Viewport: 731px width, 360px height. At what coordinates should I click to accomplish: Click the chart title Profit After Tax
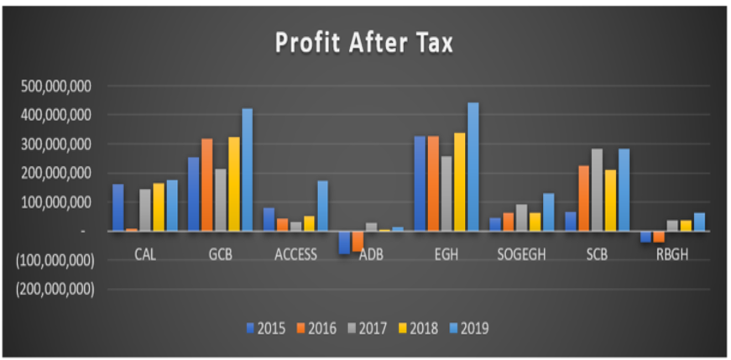click(x=364, y=43)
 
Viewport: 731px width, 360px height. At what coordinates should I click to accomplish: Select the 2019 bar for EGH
click(x=473, y=167)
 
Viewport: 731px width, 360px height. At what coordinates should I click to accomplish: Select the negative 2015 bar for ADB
click(x=344, y=242)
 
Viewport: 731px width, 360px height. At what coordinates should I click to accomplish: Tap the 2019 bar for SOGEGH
click(x=549, y=212)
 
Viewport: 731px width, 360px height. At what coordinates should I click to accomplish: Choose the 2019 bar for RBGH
click(x=699, y=222)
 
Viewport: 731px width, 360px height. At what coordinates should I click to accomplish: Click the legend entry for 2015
click(x=266, y=328)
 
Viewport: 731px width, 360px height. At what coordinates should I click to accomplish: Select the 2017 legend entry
click(x=367, y=328)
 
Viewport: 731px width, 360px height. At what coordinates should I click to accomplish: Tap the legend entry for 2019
click(x=467, y=328)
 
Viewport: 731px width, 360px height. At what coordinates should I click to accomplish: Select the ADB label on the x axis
click(x=370, y=255)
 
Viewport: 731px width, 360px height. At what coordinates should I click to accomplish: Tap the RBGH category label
click(x=672, y=255)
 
